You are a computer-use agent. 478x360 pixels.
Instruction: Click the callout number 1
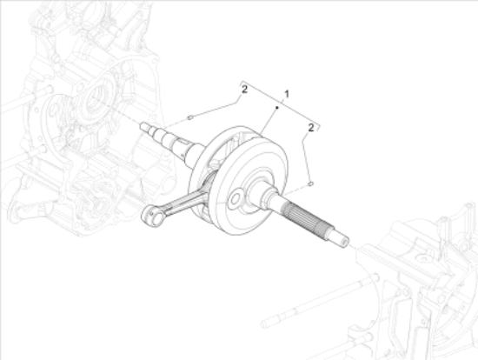pyautogui.click(x=286, y=92)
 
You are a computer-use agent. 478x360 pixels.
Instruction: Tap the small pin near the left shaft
pyautogui.click(x=191, y=115)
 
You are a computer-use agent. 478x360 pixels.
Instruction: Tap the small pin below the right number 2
pyautogui.click(x=310, y=183)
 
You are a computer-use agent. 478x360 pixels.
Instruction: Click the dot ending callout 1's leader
pyautogui.click(x=276, y=106)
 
